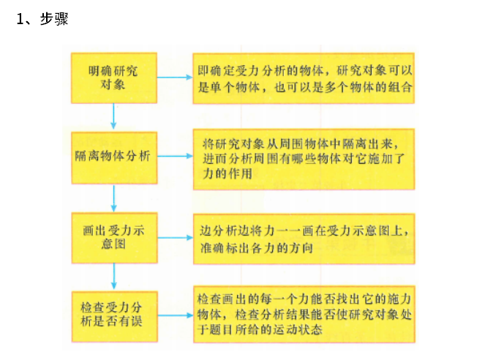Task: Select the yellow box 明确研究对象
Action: (x=113, y=77)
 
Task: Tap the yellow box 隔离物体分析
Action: (x=113, y=156)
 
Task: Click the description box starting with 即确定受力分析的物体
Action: (x=303, y=78)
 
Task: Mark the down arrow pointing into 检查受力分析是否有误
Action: (x=113, y=275)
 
